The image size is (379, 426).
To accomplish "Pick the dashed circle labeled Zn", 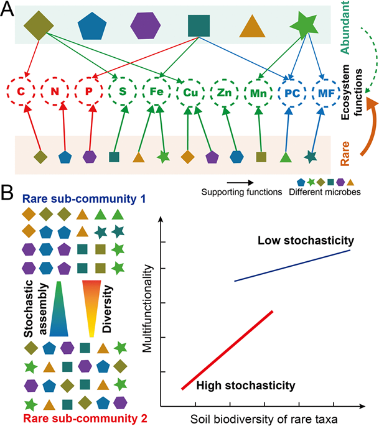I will click(223, 92).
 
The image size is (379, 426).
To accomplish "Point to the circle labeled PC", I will click(291, 92).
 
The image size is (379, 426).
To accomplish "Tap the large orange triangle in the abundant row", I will click(253, 26).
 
